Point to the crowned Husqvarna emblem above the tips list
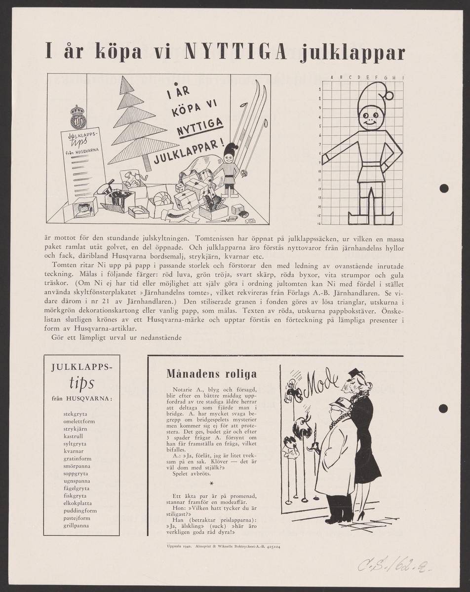pyautogui.click(x=78, y=117)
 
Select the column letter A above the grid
pyautogui.click(x=332, y=77)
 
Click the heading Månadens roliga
pyautogui.click(x=211, y=373)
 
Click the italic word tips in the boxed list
pyautogui.click(x=82, y=383)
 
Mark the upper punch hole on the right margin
pyautogui.click(x=443, y=188)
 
